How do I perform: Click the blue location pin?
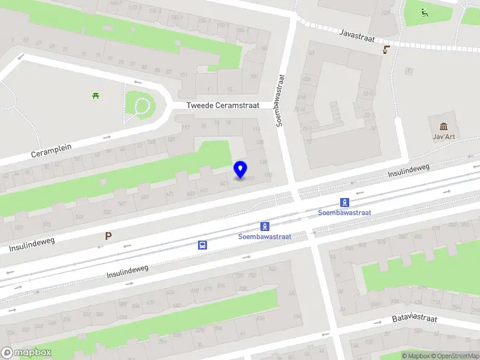point(240,170)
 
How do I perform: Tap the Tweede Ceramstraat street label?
point(223,105)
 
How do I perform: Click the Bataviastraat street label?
point(415,319)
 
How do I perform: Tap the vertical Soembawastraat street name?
point(280,100)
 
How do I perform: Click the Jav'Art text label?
point(444,136)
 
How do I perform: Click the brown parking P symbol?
point(108,236)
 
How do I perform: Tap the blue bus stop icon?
point(203,245)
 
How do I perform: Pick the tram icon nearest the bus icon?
point(265,226)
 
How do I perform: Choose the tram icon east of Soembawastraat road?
point(344,202)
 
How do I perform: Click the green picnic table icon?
point(95,95)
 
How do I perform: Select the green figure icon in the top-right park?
point(425,12)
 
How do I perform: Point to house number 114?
point(257,129)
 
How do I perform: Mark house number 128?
point(260,142)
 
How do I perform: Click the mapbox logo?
point(26,353)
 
